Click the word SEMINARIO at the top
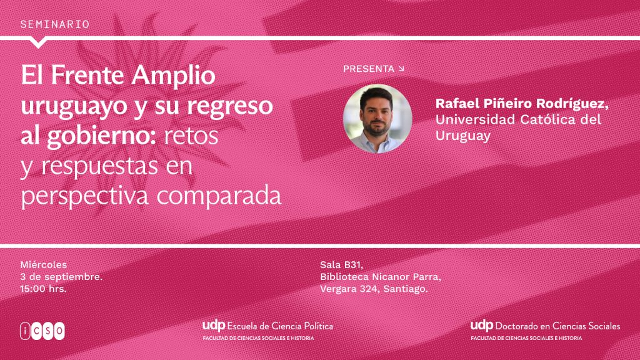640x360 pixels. pyautogui.click(x=55, y=24)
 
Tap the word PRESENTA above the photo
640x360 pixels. pyautogui.click(x=369, y=69)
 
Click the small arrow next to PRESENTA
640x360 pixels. pyautogui.click(x=401, y=69)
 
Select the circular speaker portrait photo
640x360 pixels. pyautogui.click(x=377, y=119)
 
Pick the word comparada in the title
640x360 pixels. pyautogui.click(x=219, y=196)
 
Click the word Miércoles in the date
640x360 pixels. pyautogui.click(x=44, y=265)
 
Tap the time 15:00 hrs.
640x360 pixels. pyautogui.click(x=43, y=289)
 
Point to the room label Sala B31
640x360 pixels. pyautogui.click(x=342, y=265)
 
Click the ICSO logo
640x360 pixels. pyautogui.click(x=42, y=331)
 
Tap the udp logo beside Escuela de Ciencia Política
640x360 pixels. pyautogui.click(x=214, y=326)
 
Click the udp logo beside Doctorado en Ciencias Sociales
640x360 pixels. pyautogui.click(x=482, y=325)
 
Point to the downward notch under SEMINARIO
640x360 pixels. pyautogui.click(x=38, y=43)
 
